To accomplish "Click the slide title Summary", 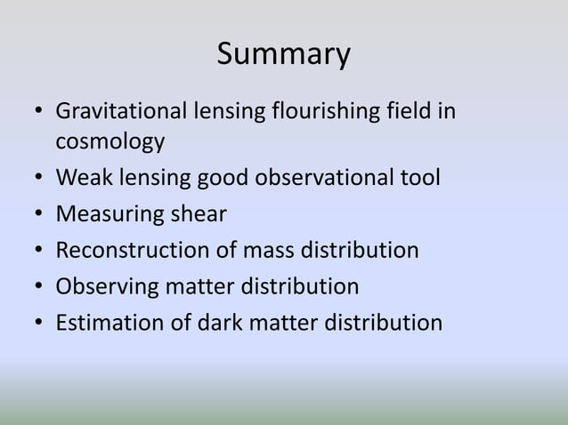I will click(x=283, y=55).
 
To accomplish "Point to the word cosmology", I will click(x=110, y=141).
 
